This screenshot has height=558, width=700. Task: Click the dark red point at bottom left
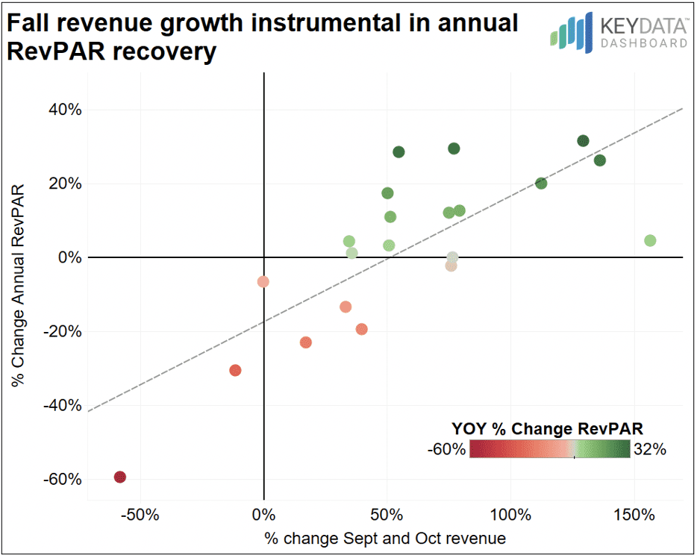[x=119, y=477]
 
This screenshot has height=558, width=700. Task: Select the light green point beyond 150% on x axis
[x=650, y=241]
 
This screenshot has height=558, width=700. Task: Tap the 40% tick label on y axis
[x=65, y=110]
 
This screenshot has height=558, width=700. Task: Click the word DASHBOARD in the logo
[x=644, y=43]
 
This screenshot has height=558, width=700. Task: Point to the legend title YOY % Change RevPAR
[x=548, y=428]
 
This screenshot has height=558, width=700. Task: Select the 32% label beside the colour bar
[x=650, y=449]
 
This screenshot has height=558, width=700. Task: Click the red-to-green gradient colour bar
[x=549, y=449]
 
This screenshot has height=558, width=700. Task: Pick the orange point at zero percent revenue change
[x=263, y=282]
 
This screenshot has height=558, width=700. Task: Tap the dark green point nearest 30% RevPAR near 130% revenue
[x=584, y=141]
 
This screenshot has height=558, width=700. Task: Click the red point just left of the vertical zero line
[x=235, y=370]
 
